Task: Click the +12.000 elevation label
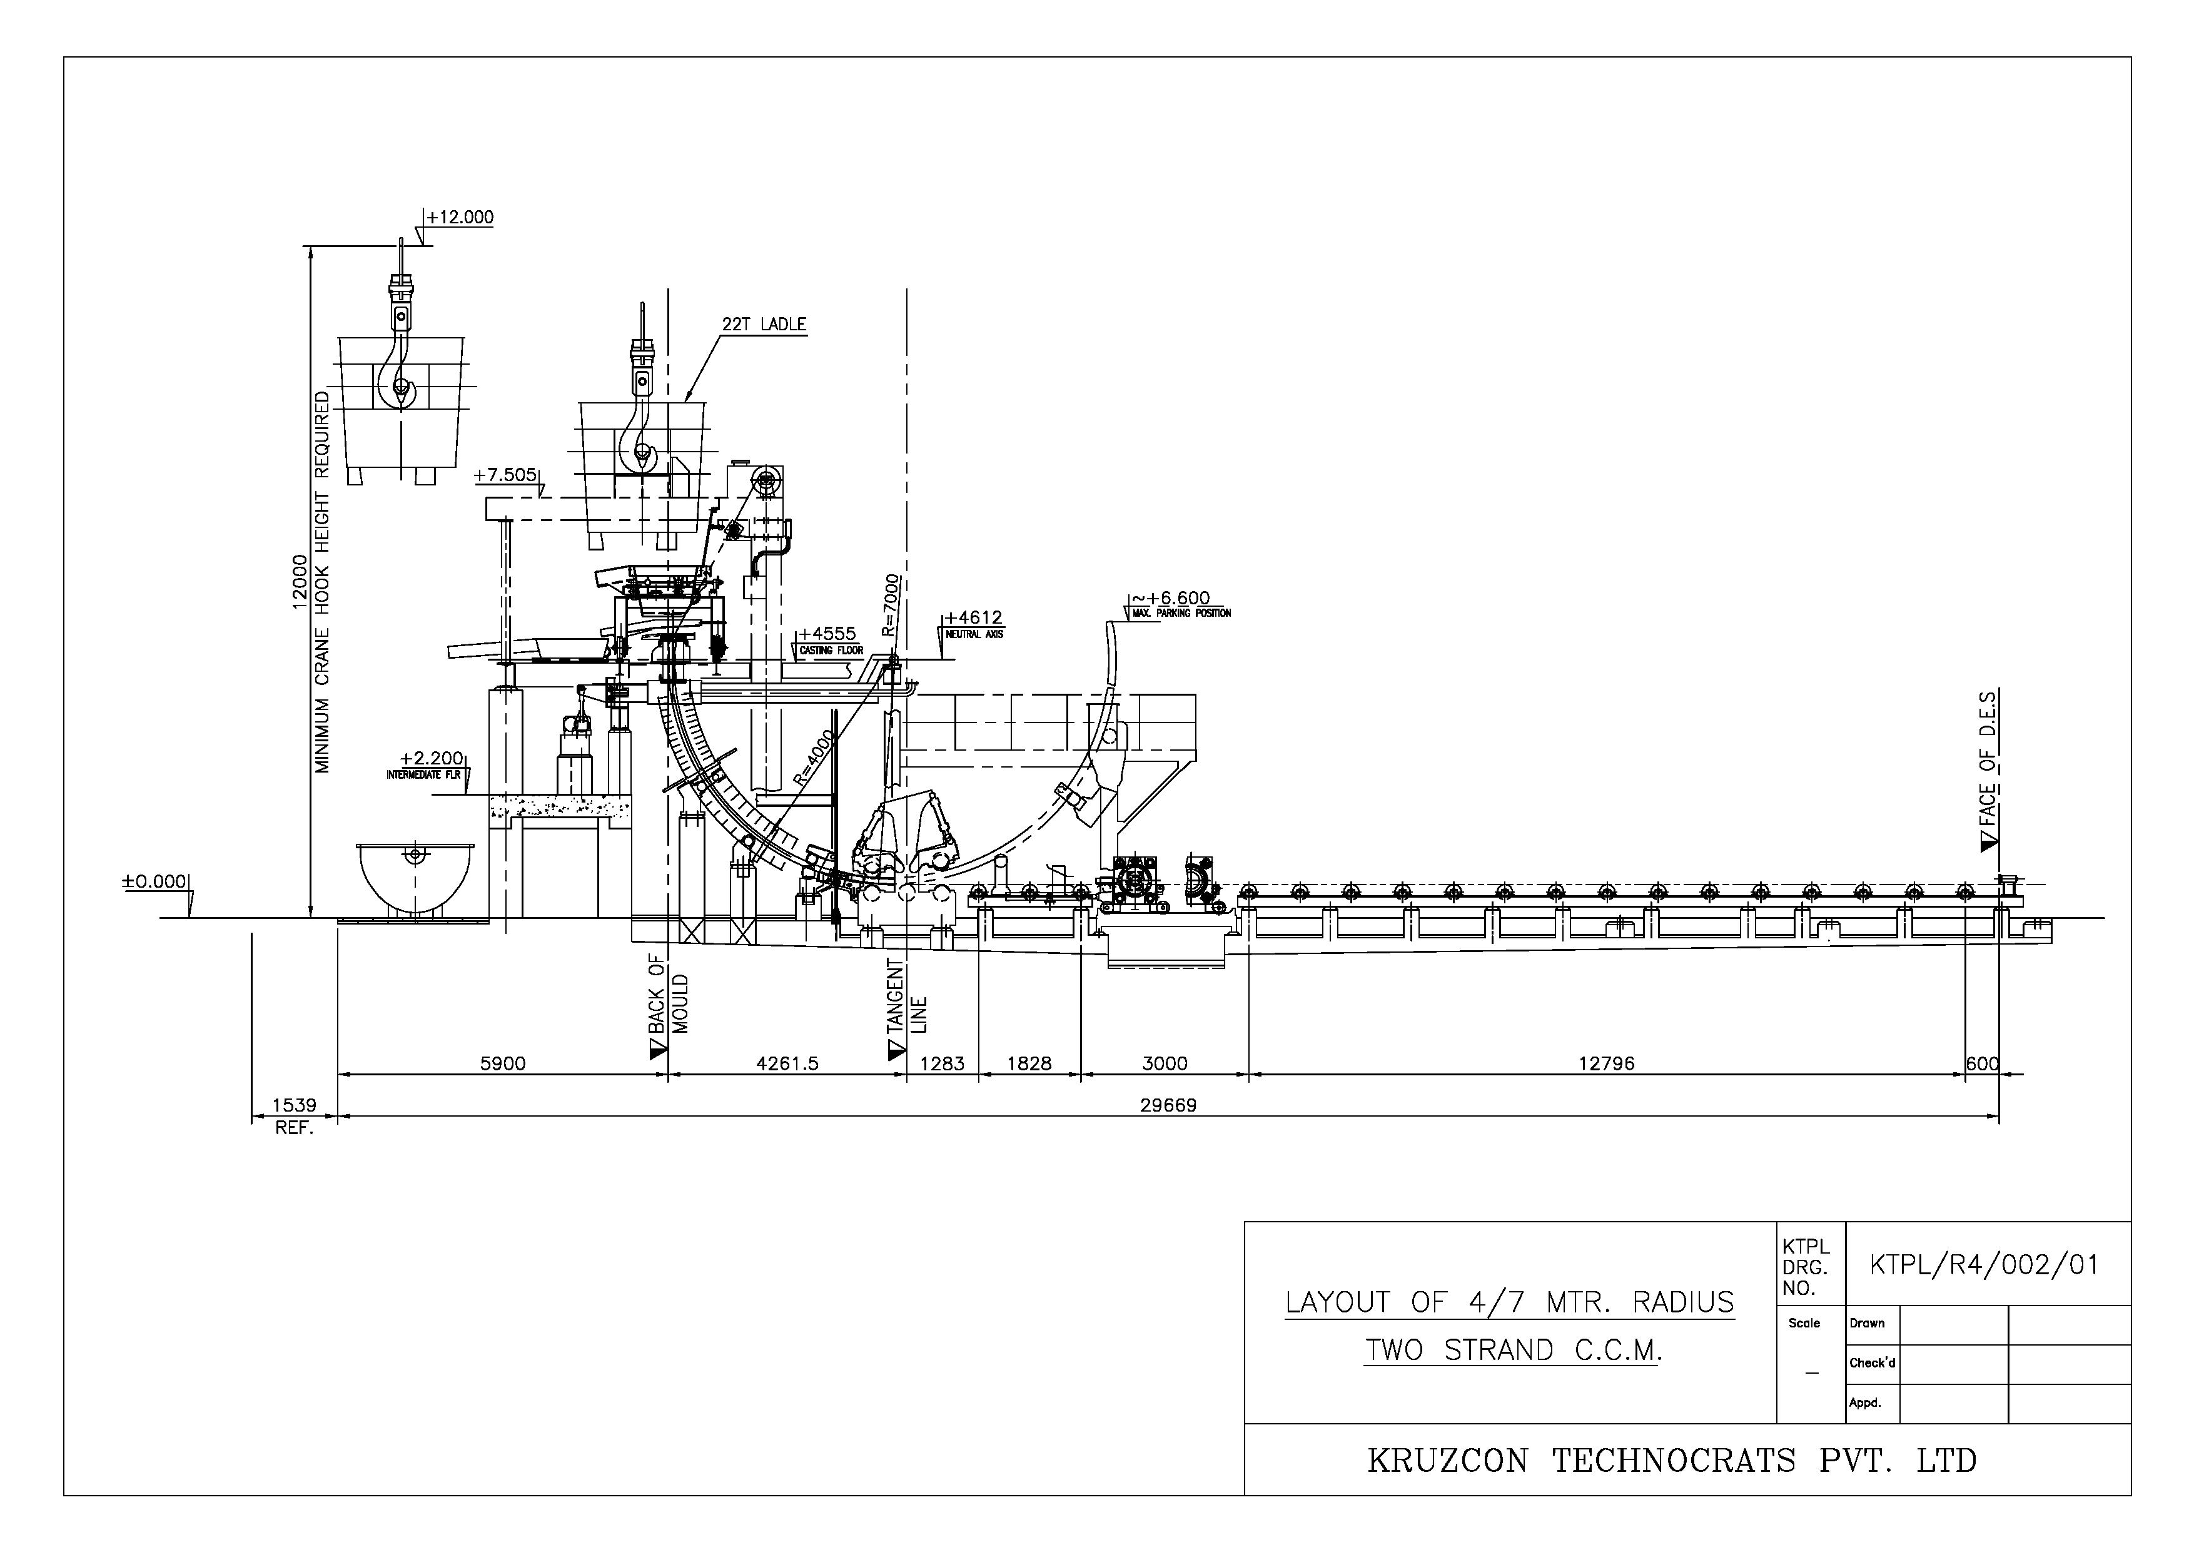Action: tap(460, 218)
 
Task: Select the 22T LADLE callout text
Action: tap(764, 325)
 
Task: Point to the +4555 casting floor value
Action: tap(827, 634)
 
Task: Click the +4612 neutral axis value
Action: tap(973, 618)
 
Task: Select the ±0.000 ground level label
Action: tap(154, 881)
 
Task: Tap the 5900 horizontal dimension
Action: tap(502, 1063)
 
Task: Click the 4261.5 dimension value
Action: tap(787, 1063)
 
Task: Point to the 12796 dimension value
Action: tap(1606, 1063)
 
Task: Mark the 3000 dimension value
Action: tap(1165, 1063)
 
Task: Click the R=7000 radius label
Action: tap(891, 605)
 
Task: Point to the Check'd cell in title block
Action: tap(1872, 1364)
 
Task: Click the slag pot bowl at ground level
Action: tap(415, 878)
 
